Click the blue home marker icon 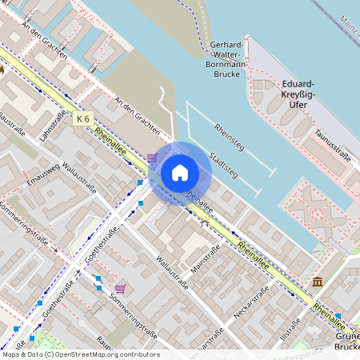[x=180, y=172]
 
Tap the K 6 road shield [x=83, y=119]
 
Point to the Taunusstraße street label [x=333, y=145]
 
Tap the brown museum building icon [x=318, y=282]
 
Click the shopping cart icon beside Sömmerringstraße [x=120, y=289]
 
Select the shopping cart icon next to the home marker [x=152, y=158]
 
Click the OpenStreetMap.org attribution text [x=107, y=354]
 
